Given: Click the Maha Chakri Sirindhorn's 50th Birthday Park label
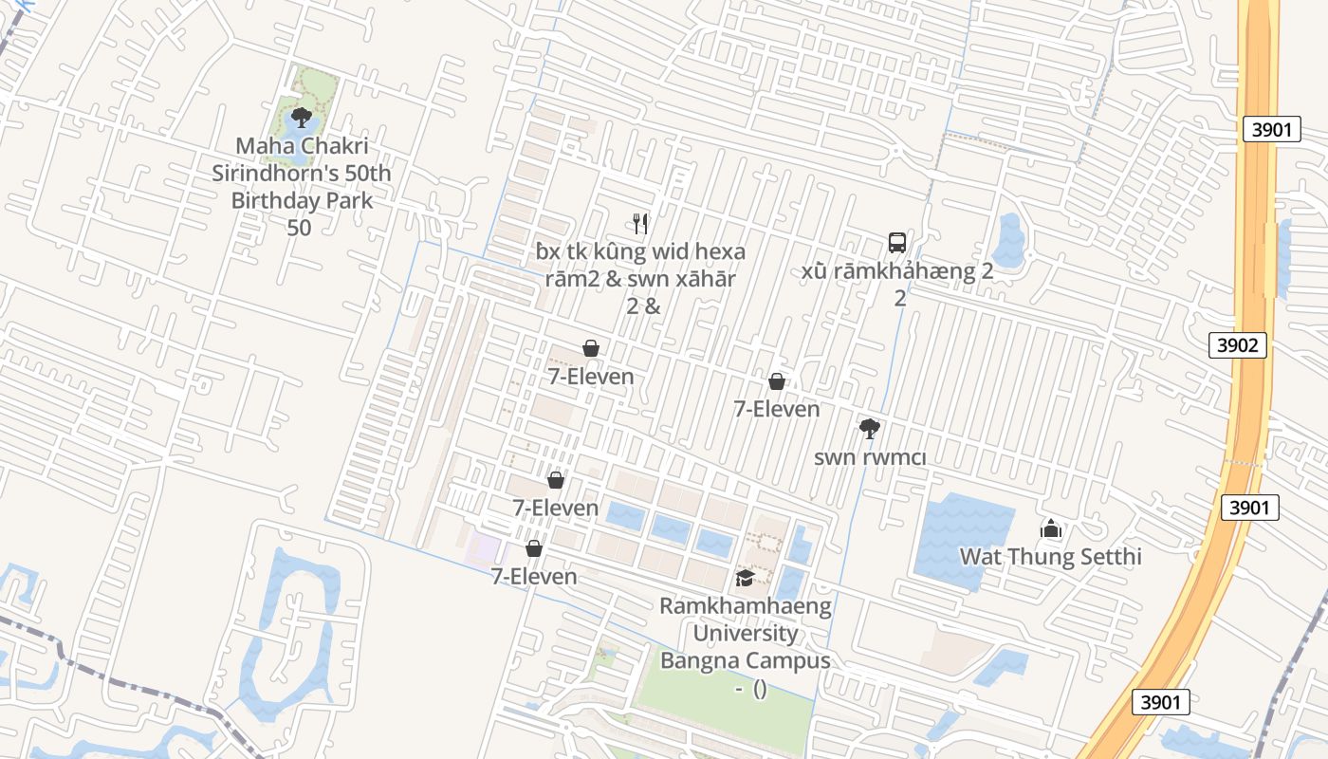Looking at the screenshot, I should pos(302,174).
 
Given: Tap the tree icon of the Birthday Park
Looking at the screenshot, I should pos(302,118).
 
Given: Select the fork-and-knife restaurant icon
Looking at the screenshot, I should pos(640,224).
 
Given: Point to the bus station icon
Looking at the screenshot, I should pos(897,243).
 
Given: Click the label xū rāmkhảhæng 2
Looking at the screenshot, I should pos(896,272).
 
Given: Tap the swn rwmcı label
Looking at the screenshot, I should pos(870,457).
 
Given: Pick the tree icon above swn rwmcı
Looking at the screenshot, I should pos(869,429).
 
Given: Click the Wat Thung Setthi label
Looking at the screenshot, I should pos(1050,556).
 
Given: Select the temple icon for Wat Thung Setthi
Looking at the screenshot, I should pos(1050,528).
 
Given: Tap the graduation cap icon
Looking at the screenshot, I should pos(746,578).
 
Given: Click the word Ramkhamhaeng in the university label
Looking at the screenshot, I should pos(746,605).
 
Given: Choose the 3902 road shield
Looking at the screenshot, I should pos(1237,345).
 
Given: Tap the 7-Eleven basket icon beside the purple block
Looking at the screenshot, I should pos(534,548).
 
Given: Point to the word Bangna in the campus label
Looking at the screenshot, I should pos(700,660).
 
